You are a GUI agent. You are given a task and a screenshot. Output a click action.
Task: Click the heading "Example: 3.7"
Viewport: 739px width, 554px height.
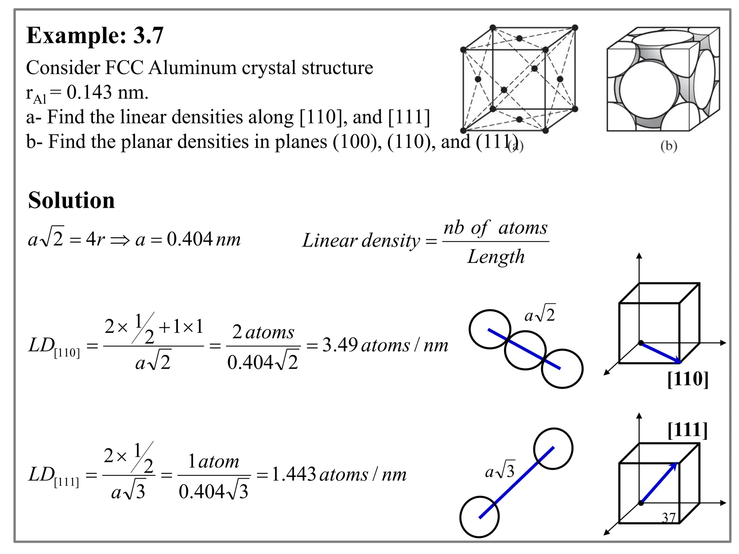[95, 36]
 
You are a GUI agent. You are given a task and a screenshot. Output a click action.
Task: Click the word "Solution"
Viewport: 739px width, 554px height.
[71, 201]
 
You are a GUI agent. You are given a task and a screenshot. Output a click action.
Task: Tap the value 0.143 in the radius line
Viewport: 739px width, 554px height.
[89, 92]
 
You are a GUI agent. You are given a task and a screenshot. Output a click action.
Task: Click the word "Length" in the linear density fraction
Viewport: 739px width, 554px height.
[496, 257]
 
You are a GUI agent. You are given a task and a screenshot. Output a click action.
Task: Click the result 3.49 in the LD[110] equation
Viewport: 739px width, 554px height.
[340, 345]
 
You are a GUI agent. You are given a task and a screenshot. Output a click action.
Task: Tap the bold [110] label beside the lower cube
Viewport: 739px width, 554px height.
[688, 379]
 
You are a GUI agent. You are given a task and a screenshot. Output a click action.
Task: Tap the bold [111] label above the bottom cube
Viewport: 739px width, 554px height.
[687, 430]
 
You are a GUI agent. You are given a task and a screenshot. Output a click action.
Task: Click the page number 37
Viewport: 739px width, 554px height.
[668, 518]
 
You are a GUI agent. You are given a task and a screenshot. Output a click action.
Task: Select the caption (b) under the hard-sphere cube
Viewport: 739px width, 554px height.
[669, 146]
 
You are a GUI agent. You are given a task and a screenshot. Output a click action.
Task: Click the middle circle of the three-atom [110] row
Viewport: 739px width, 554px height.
[525, 350]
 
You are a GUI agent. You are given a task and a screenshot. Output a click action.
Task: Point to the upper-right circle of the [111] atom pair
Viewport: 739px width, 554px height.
[553, 448]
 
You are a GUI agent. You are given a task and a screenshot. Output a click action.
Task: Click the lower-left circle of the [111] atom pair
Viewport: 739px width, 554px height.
[479, 517]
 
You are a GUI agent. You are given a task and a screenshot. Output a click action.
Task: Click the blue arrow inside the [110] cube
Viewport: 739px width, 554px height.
[660, 352]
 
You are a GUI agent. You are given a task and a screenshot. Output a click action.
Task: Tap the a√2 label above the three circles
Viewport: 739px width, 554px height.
[540, 314]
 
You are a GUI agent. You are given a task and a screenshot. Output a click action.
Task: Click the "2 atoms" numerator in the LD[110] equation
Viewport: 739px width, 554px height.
[263, 332]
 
